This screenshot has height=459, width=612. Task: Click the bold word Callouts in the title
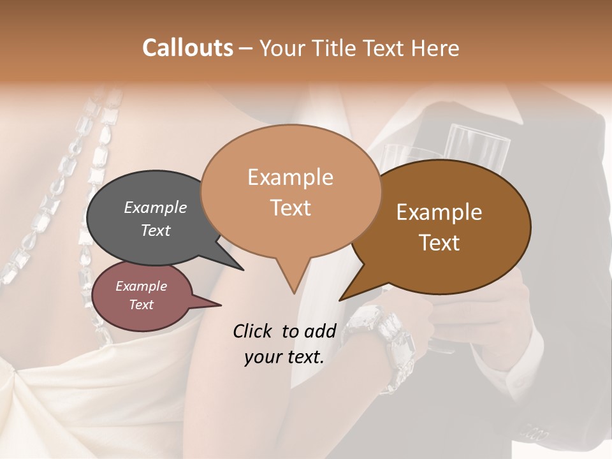pyautogui.click(x=187, y=48)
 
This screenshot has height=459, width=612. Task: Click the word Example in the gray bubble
pyautogui.click(x=156, y=208)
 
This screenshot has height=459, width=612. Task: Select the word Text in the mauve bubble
pyautogui.click(x=141, y=305)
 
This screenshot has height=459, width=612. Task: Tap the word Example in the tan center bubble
pyautogui.click(x=290, y=177)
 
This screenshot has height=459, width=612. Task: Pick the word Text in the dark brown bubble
pyautogui.click(x=439, y=243)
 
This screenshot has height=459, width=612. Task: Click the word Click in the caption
pyautogui.click(x=254, y=331)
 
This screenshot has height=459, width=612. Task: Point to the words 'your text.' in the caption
pyautogui.click(x=284, y=357)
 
